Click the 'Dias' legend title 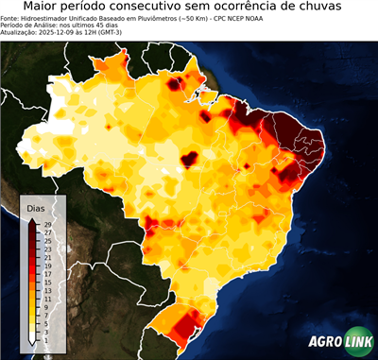[x=36, y=207]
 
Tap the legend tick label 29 [x=46, y=224]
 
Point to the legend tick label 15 [x=46, y=282]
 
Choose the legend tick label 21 [x=46, y=257]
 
